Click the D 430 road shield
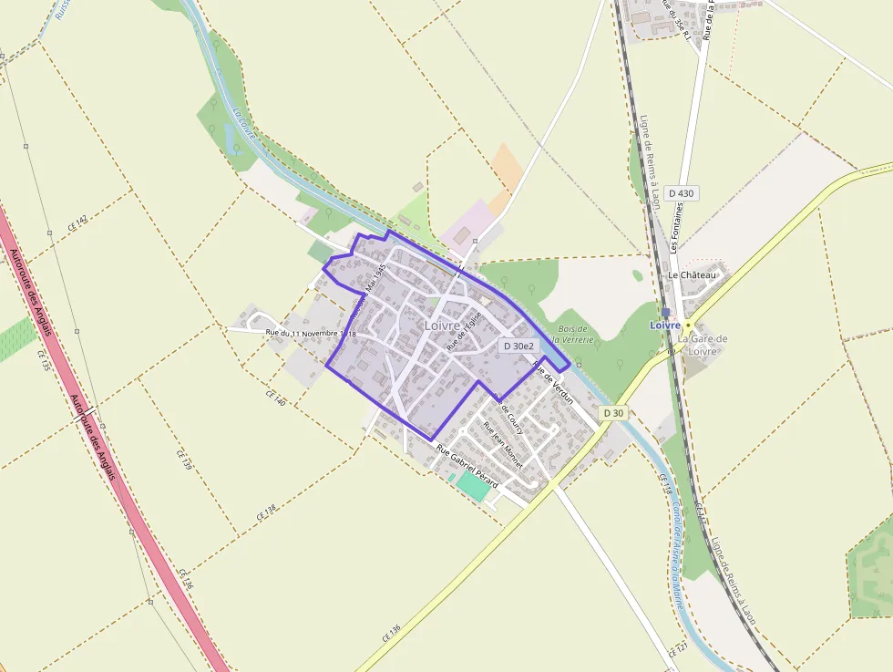click(x=681, y=193)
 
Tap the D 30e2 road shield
click(x=518, y=346)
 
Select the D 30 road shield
click(x=614, y=413)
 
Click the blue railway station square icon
click(x=666, y=312)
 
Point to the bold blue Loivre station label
click(x=665, y=326)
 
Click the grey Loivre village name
click(x=443, y=325)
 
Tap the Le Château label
click(x=693, y=274)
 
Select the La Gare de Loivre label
click(x=703, y=345)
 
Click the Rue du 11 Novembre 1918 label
click(x=310, y=334)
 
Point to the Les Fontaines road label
click(x=675, y=233)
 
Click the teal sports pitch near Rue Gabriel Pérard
click(x=473, y=484)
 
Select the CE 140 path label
click(x=275, y=397)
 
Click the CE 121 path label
click(x=677, y=648)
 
